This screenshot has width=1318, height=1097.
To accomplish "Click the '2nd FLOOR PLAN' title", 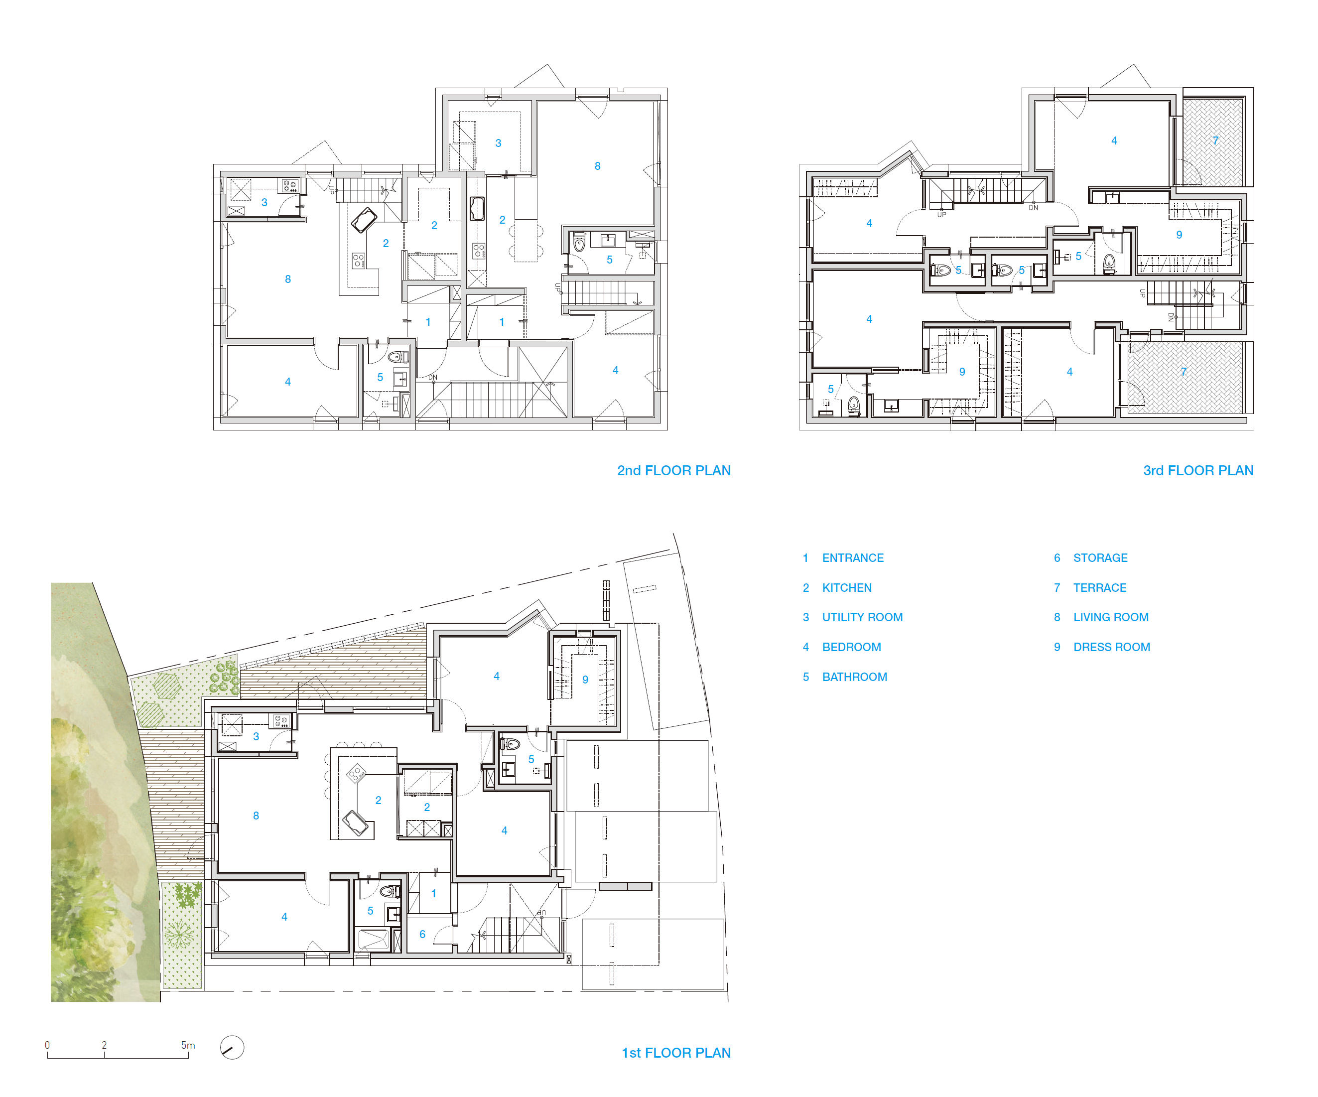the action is pos(673,471).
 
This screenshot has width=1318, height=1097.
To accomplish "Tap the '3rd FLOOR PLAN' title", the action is pos(1197,471).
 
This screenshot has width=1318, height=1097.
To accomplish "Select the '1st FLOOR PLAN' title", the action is pos(676,1053).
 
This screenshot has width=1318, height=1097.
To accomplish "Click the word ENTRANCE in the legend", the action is pos(853,558).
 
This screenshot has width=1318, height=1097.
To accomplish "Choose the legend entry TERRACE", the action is pos(1100,587).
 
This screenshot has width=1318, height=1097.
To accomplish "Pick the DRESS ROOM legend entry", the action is pos(1111,647).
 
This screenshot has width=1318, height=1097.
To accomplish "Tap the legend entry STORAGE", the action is pos(1100,558).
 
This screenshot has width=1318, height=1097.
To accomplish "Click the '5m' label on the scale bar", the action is pos(188,1045).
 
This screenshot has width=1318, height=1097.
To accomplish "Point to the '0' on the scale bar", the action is pos(47,1045).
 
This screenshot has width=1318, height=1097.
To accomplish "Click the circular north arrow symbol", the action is pos(232,1047).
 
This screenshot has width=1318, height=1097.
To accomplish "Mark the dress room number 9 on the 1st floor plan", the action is pos(585,680).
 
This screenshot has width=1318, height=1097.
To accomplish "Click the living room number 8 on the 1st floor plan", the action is pos(256,816).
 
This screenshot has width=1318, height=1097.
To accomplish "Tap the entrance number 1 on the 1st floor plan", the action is pos(434,894).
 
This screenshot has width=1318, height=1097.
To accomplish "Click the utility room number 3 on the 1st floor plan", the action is pos(256,737).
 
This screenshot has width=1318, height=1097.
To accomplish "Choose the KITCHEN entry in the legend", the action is pos(847,587).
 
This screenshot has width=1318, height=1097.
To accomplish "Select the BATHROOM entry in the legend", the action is pos(855,677).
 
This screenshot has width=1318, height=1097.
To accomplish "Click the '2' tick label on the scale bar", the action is pos(104,1045).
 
